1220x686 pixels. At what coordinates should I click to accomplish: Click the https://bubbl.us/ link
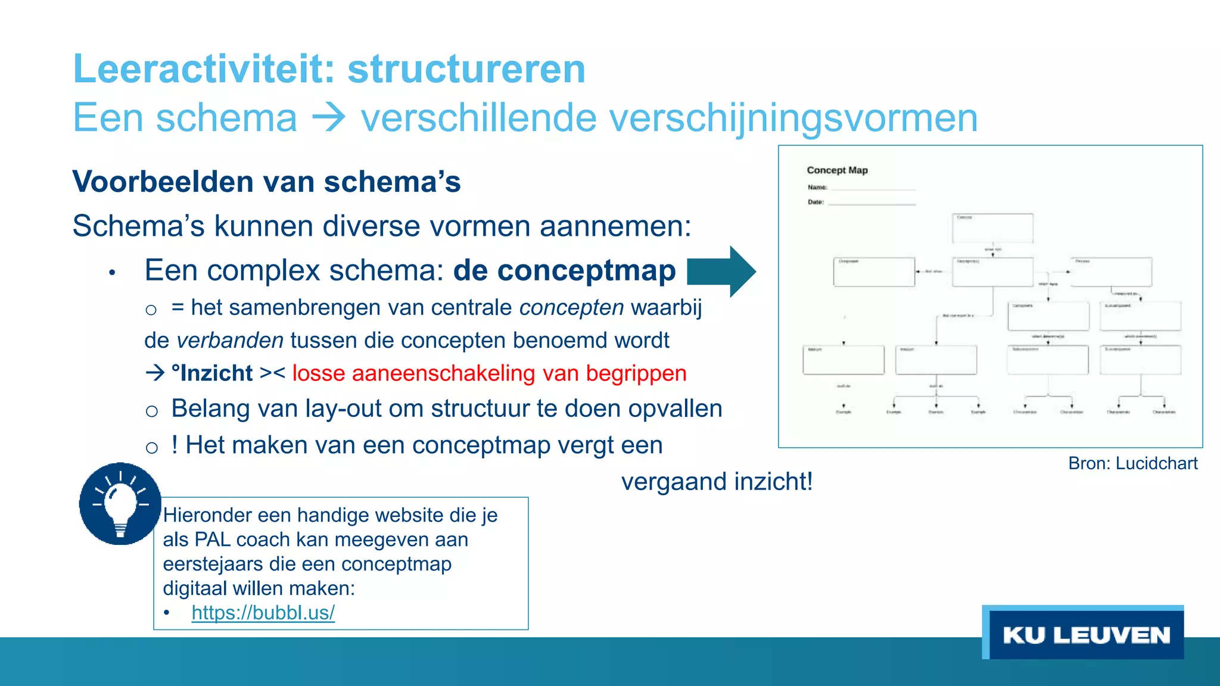pyautogui.click(x=263, y=612)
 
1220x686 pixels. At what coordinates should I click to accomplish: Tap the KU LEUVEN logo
pyautogui.click(x=1085, y=635)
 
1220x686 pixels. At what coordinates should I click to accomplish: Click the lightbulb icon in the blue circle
pyautogui.click(x=120, y=504)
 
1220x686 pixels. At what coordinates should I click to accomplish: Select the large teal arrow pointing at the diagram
pyautogui.click(x=721, y=272)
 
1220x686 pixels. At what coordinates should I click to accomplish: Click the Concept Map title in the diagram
pyautogui.click(x=837, y=170)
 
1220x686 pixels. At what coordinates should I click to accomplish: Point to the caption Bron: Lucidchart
pyautogui.click(x=1132, y=463)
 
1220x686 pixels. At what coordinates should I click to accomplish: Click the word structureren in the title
pyautogui.click(x=466, y=69)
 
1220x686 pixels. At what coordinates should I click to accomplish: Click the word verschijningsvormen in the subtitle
pyautogui.click(x=669, y=118)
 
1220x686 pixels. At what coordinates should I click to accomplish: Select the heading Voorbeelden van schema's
pyautogui.click(x=266, y=182)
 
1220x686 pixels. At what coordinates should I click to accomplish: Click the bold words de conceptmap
pyautogui.click(x=564, y=270)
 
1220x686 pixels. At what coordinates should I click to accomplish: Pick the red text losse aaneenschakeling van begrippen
pyautogui.click(x=489, y=373)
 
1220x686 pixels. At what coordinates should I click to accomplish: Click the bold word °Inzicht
pyautogui.click(x=212, y=373)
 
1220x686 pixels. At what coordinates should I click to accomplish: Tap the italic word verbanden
pyautogui.click(x=230, y=341)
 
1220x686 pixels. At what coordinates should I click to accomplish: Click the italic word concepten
pyautogui.click(x=571, y=308)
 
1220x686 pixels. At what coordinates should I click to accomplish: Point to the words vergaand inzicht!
pyautogui.click(x=717, y=482)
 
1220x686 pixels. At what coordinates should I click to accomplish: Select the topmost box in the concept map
pyautogui.click(x=992, y=228)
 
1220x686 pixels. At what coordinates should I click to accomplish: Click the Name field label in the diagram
pyautogui.click(x=817, y=187)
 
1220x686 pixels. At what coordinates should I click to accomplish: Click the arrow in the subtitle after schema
pyautogui.click(x=329, y=118)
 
